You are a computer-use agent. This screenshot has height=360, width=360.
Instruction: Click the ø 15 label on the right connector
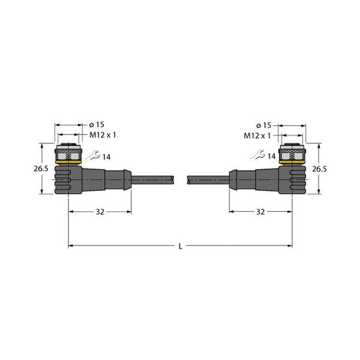pyautogui.click(x=263, y=125)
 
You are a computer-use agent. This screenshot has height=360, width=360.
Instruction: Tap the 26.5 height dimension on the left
pyautogui.click(x=41, y=169)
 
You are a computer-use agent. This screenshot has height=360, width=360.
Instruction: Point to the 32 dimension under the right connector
pyautogui.click(x=261, y=212)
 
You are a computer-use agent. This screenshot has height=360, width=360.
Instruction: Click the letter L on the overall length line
pyautogui.click(x=181, y=245)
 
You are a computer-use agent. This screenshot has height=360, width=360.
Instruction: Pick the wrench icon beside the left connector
pyautogui.click(x=91, y=156)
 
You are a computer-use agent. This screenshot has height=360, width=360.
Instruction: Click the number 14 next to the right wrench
pyautogui.click(x=271, y=157)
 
